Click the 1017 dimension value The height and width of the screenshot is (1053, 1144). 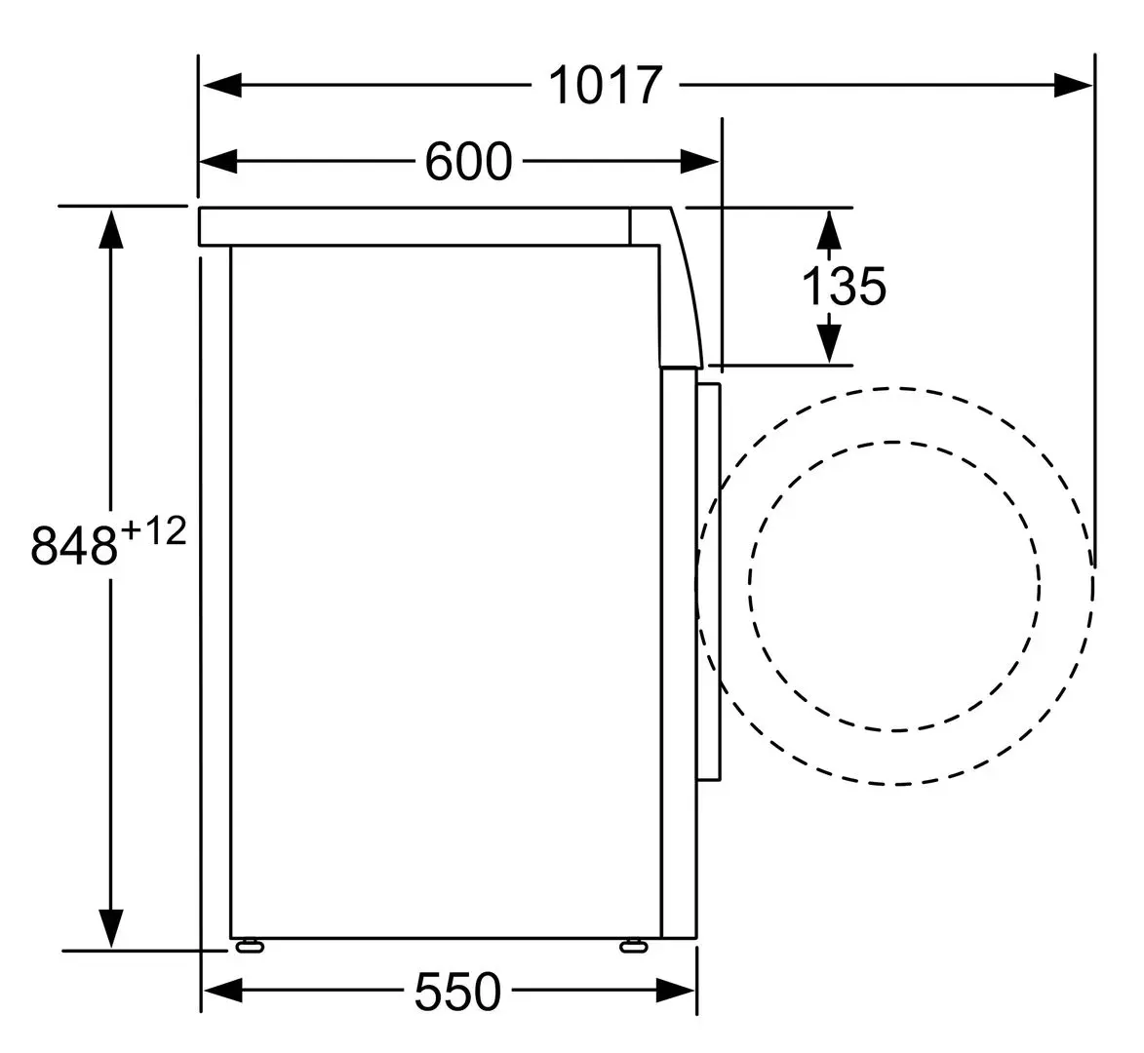pos(605,86)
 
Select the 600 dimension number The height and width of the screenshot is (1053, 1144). pos(468,161)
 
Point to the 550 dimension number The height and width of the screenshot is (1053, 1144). pos(458,991)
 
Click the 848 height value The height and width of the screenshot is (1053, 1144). pos(74,545)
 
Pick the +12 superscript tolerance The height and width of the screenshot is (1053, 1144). pos(153,530)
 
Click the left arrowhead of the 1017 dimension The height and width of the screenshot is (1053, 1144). pos(221,86)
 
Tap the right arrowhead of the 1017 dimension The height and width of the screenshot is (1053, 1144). pos(1073,86)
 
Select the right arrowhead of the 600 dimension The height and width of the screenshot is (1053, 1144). pos(699,161)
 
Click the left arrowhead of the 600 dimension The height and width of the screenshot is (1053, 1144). pos(218,161)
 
